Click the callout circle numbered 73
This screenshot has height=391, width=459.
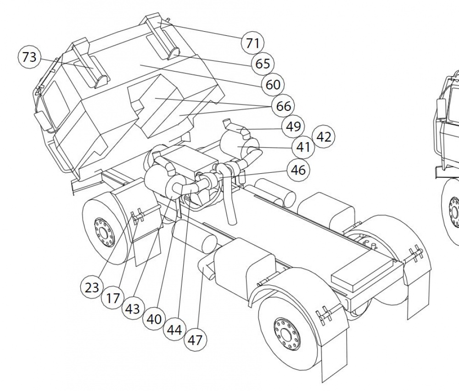click(x=29, y=57)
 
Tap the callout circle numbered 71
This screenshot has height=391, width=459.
click(x=252, y=43)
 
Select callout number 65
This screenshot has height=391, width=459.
click(x=263, y=64)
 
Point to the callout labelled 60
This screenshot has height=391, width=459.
click(x=273, y=85)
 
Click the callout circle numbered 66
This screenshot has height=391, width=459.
click(x=283, y=106)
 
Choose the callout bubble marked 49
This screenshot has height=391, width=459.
click(x=293, y=127)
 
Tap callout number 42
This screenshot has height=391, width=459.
click(x=324, y=137)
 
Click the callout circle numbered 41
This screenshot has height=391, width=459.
click(x=303, y=147)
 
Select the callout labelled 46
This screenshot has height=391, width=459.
click(x=298, y=170)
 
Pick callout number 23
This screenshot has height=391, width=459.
click(x=92, y=288)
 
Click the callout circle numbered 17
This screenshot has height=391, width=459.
click(x=113, y=298)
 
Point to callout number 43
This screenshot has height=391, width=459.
click(x=133, y=308)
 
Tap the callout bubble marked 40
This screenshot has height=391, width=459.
click(x=154, y=319)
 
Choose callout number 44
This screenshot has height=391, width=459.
click(x=174, y=330)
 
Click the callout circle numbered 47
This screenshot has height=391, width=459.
click(x=195, y=340)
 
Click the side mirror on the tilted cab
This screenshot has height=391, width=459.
click(x=43, y=121)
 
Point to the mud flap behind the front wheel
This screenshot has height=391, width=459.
click(x=148, y=247)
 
